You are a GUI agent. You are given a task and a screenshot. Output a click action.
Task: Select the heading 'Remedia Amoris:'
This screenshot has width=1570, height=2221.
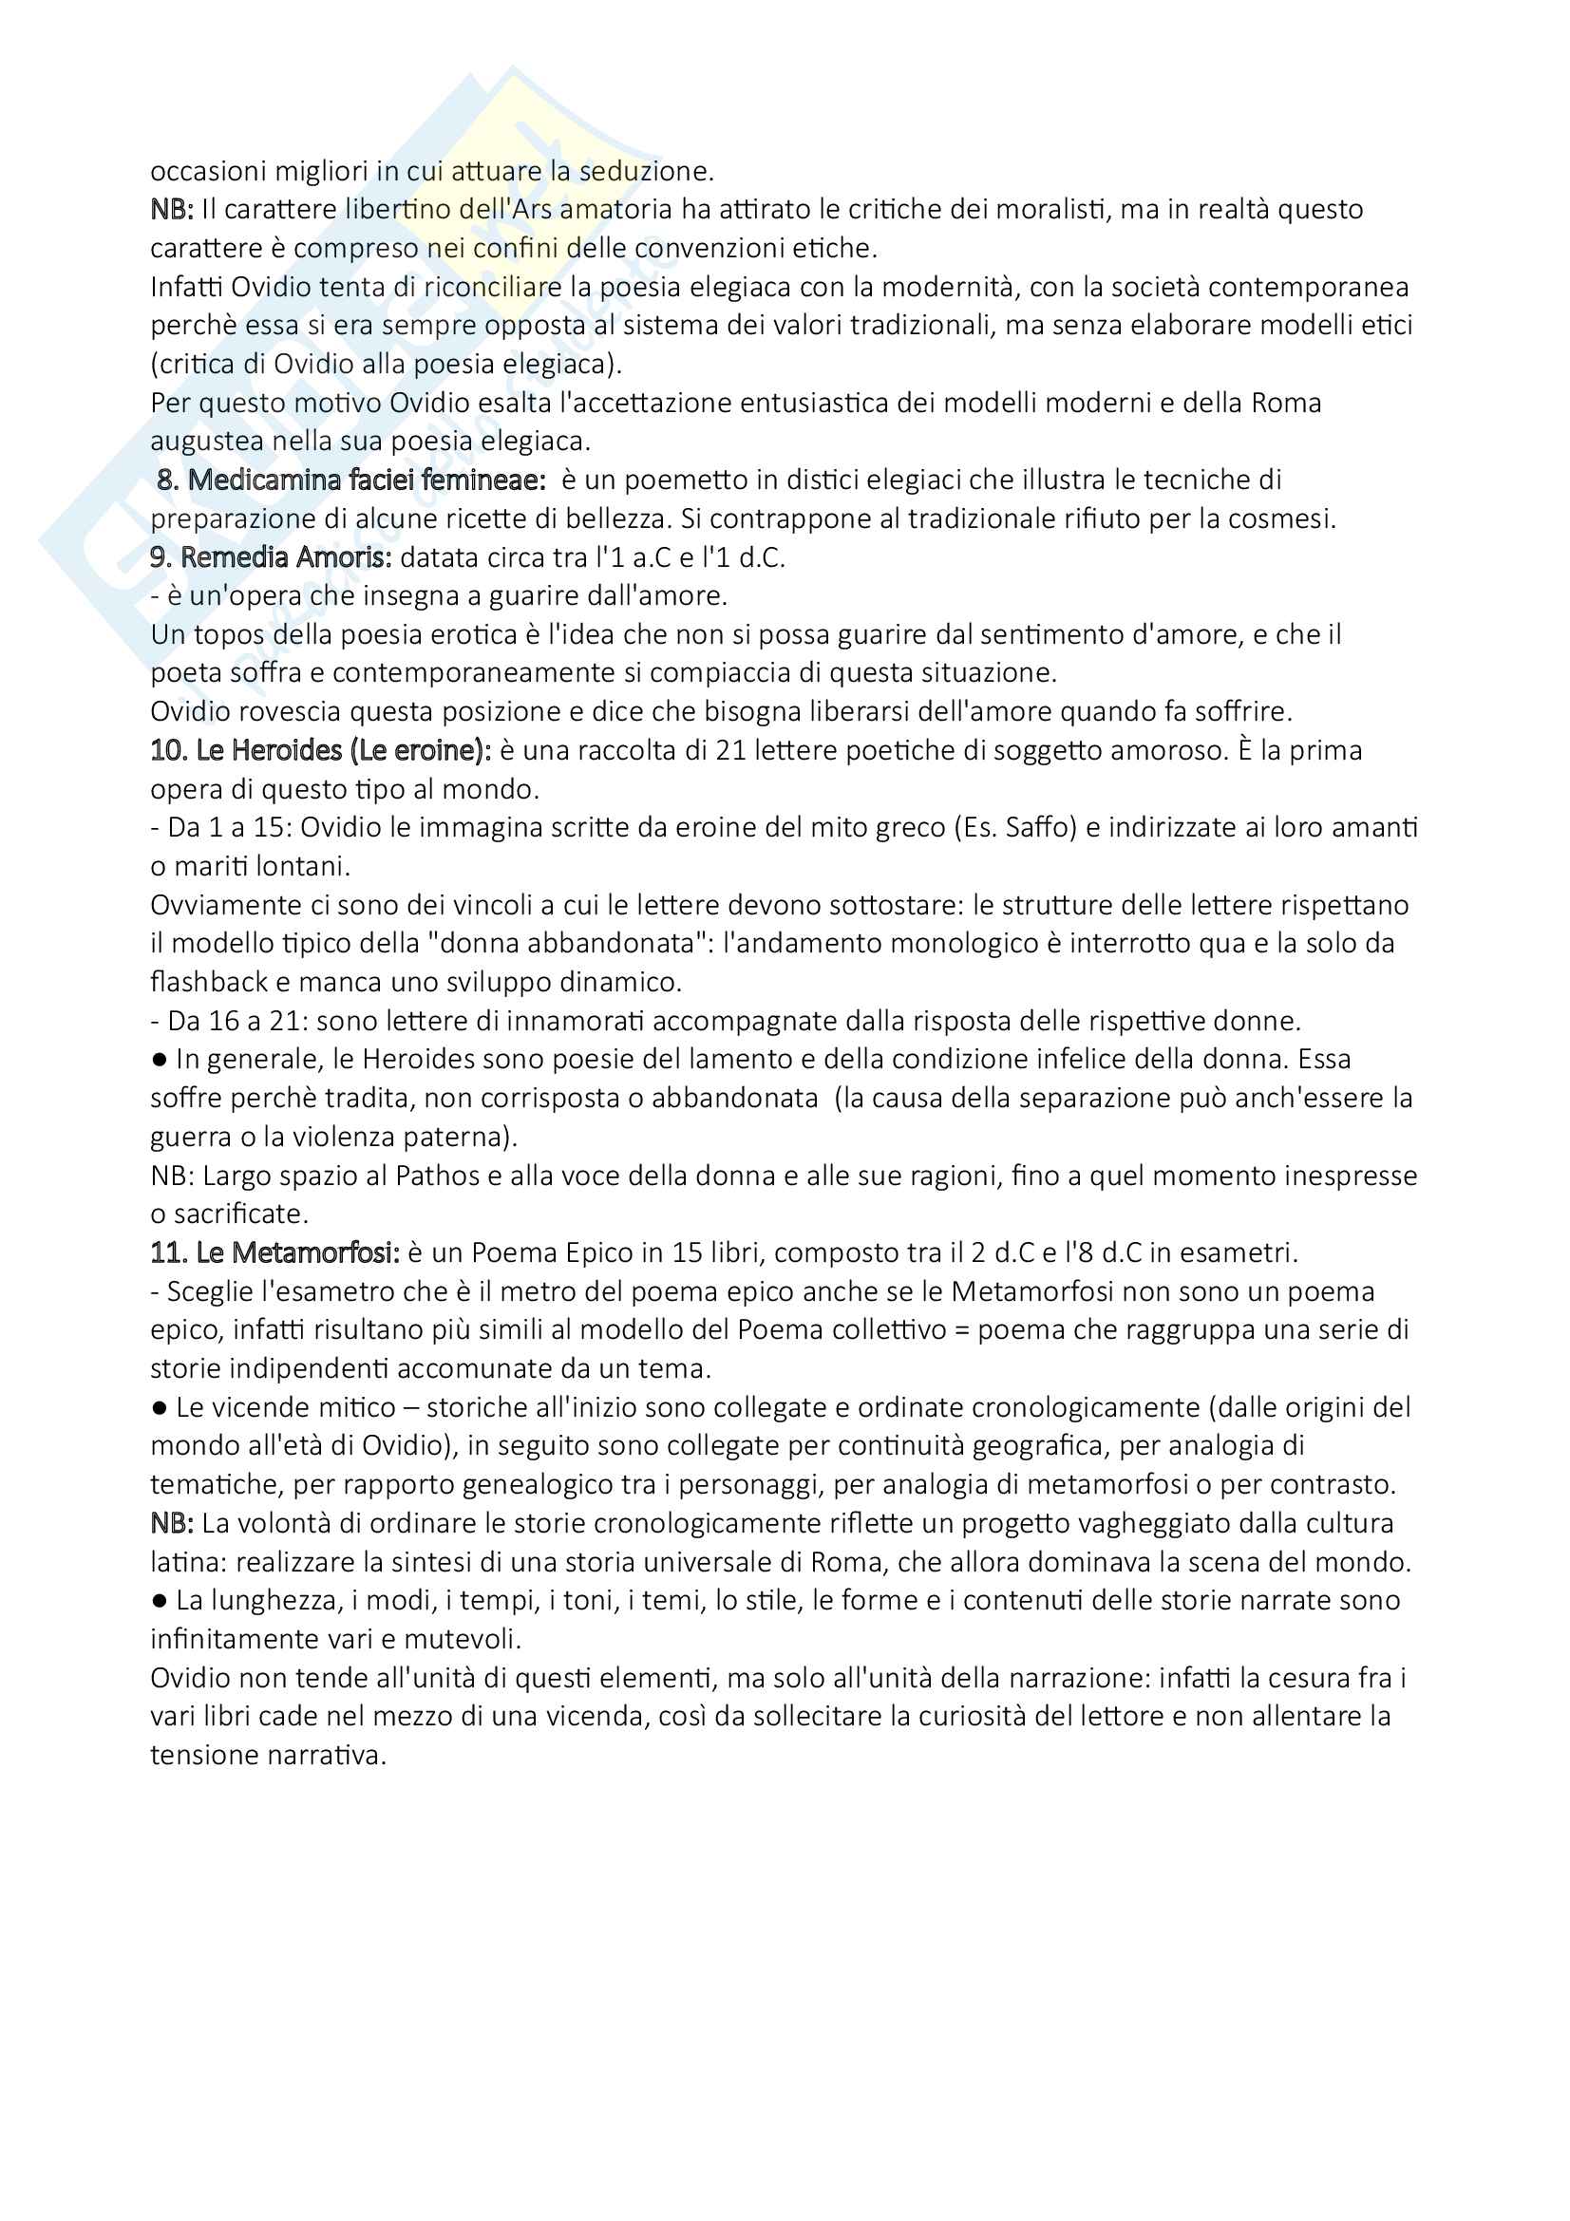[285, 557]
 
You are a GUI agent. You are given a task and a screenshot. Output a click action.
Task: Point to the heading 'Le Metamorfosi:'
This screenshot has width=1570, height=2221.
[298, 1252]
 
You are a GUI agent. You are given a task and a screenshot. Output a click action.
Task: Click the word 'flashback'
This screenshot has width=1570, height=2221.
[210, 982]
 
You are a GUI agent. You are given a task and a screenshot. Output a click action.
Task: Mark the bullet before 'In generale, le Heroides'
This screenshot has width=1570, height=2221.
[160, 1060]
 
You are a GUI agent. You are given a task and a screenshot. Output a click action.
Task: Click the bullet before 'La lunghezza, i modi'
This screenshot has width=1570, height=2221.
[160, 1600]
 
